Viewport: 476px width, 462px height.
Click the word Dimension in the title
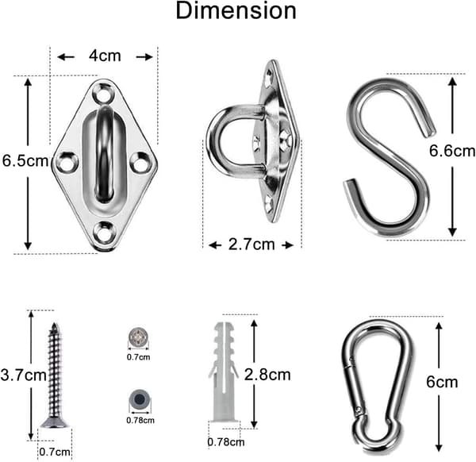236,11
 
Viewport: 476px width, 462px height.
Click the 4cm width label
105,56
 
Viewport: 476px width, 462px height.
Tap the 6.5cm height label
25,160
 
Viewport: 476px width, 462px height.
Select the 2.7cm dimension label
251,244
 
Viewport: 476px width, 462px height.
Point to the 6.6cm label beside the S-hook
452,151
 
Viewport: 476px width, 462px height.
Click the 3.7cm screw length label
23,375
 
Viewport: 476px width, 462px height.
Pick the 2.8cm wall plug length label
267,375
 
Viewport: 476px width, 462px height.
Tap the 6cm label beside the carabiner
442,382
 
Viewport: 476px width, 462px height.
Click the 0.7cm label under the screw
55,452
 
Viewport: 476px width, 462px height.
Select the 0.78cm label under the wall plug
226,442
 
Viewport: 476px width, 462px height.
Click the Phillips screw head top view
138,337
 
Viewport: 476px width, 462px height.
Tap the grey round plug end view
140,398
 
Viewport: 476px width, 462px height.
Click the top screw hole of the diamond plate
103,94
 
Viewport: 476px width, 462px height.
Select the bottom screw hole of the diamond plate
103,233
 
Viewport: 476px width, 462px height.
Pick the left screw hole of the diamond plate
67,163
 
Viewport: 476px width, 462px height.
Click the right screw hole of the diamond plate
141,163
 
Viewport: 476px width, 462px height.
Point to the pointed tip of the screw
55,323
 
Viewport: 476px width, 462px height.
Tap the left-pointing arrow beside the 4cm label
66,57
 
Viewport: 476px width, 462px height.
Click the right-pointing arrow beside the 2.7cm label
287,245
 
